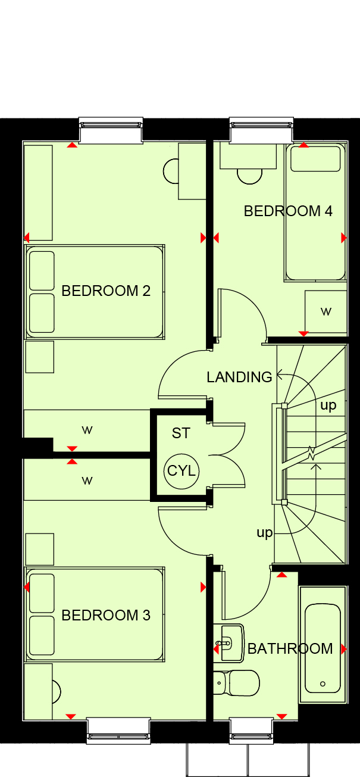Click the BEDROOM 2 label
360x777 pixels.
click(106, 291)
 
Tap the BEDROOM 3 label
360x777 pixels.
click(106, 616)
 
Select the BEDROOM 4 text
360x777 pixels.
click(288, 211)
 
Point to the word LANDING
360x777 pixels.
click(239, 377)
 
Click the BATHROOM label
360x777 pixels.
click(290, 648)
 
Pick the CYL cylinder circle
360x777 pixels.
click(181, 471)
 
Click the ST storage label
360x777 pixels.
click(181, 433)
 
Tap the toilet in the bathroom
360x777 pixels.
click(236, 683)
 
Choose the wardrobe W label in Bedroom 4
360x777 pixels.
click(326, 312)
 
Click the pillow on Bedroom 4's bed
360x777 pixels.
click(315, 159)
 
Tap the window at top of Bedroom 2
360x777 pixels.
click(111, 130)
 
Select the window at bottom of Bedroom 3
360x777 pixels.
click(118, 731)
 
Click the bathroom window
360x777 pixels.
click(252, 731)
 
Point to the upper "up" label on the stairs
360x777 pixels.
click(328, 405)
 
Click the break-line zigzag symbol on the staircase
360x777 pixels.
click(312, 453)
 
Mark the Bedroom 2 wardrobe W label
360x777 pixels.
click(87, 430)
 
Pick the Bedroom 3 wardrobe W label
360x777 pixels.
click(87, 480)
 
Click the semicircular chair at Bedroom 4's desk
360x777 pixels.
click(249, 177)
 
